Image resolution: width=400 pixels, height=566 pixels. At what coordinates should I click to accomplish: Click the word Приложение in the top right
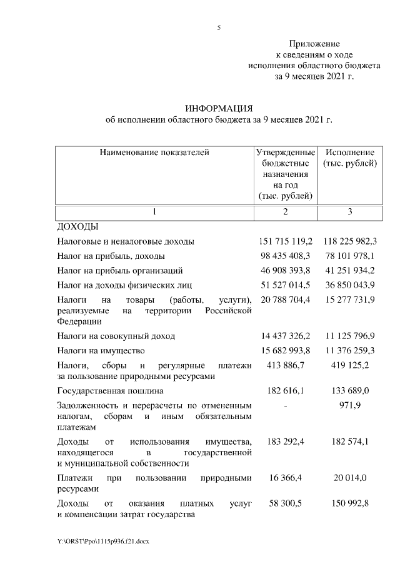point(314,44)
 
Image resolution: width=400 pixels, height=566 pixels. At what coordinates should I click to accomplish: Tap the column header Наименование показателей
point(152,152)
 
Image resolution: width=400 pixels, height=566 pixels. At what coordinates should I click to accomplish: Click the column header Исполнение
point(349,152)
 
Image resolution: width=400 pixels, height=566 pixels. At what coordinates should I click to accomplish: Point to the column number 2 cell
point(285,212)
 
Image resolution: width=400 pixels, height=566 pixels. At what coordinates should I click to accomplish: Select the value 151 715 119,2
point(285,241)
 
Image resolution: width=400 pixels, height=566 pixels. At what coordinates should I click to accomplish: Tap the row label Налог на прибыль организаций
point(120,271)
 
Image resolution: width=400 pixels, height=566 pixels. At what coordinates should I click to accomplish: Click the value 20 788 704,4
point(285,300)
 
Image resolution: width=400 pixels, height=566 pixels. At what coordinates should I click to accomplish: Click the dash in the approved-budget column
point(285,406)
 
